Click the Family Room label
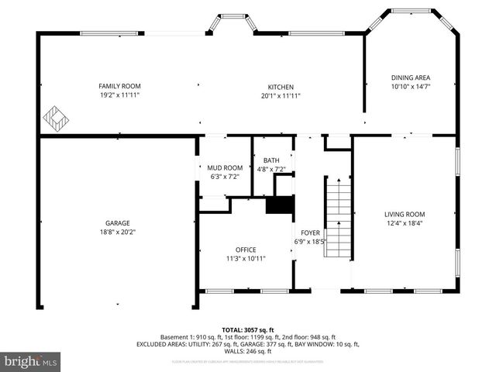click(x=119, y=86)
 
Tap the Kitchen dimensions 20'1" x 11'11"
click(x=281, y=96)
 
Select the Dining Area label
click(x=410, y=77)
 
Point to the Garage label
click(x=118, y=222)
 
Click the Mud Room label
click(x=224, y=167)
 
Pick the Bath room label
click(x=271, y=160)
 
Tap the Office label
click(x=246, y=250)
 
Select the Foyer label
click(x=310, y=232)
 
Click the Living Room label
click(x=405, y=214)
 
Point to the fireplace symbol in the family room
click(x=55, y=119)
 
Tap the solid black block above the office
click(x=280, y=205)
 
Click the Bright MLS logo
click(x=31, y=361)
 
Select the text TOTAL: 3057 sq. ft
click(x=248, y=329)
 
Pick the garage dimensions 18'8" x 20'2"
click(x=118, y=232)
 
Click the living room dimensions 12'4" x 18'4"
click(x=405, y=223)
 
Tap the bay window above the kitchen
click(x=231, y=23)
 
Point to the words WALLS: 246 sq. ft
click(x=248, y=351)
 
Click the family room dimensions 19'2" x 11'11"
click(x=119, y=95)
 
